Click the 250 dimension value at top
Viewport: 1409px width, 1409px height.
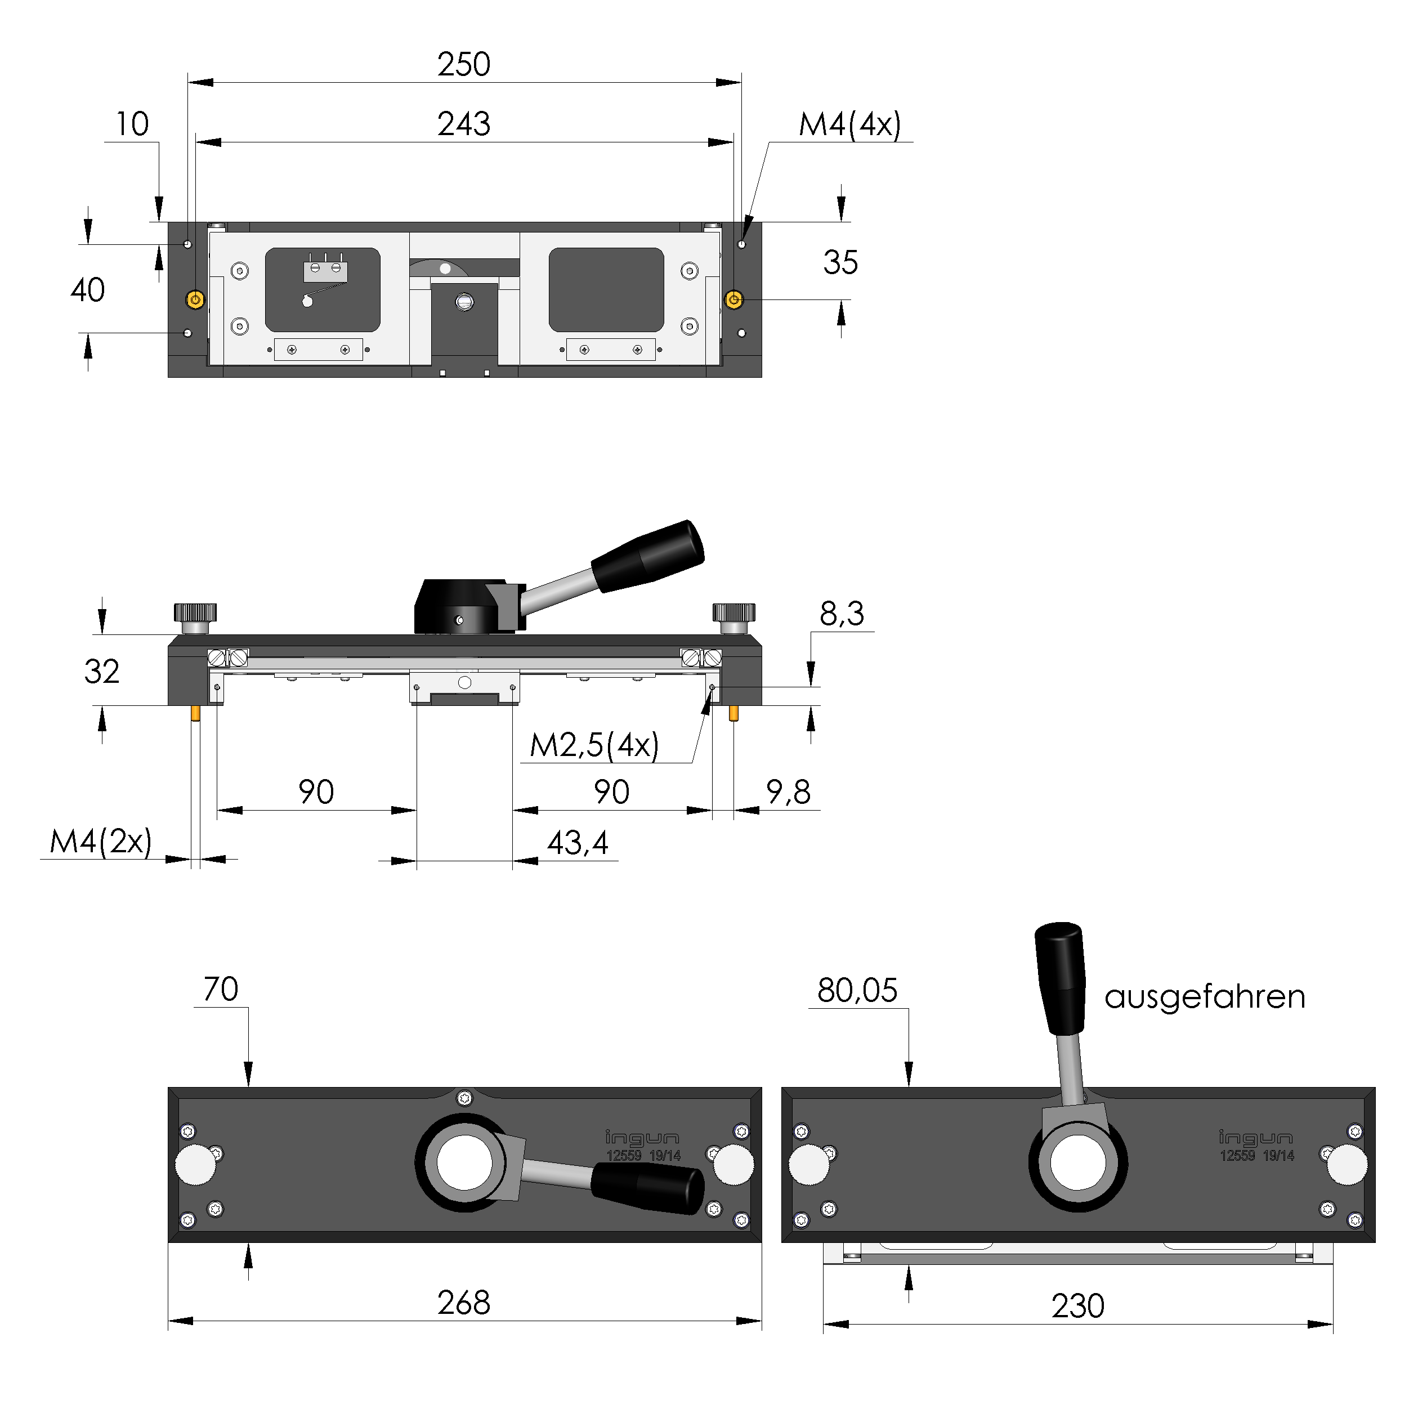point(464,65)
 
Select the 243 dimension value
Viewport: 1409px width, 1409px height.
point(464,124)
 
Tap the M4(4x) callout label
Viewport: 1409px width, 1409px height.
point(849,125)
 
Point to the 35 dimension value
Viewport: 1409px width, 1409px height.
point(840,262)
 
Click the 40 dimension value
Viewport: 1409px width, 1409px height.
point(87,290)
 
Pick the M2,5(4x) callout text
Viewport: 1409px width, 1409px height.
point(594,745)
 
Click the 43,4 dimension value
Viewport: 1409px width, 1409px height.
point(577,843)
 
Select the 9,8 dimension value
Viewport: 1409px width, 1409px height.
point(788,792)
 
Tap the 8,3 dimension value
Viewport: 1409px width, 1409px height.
point(842,614)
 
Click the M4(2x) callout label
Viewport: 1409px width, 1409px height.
point(101,842)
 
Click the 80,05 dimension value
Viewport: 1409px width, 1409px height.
point(857,990)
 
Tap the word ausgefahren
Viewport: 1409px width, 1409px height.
point(1204,997)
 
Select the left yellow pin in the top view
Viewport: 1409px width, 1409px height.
point(195,299)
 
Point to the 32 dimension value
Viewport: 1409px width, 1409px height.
point(101,672)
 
